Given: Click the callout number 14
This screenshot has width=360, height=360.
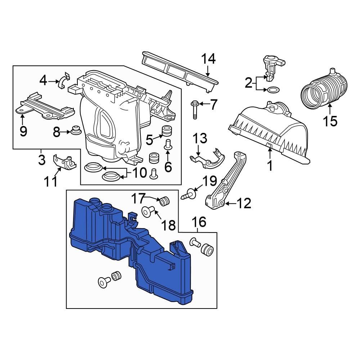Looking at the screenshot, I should click(x=208, y=59).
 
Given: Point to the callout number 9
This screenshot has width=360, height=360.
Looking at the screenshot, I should click(x=23, y=131).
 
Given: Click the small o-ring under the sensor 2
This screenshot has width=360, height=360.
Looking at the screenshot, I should click(x=273, y=89).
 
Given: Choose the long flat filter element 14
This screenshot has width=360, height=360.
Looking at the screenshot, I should click(x=180, y=68).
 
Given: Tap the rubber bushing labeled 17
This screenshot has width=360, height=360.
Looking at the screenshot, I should click(x=165, y=201).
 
